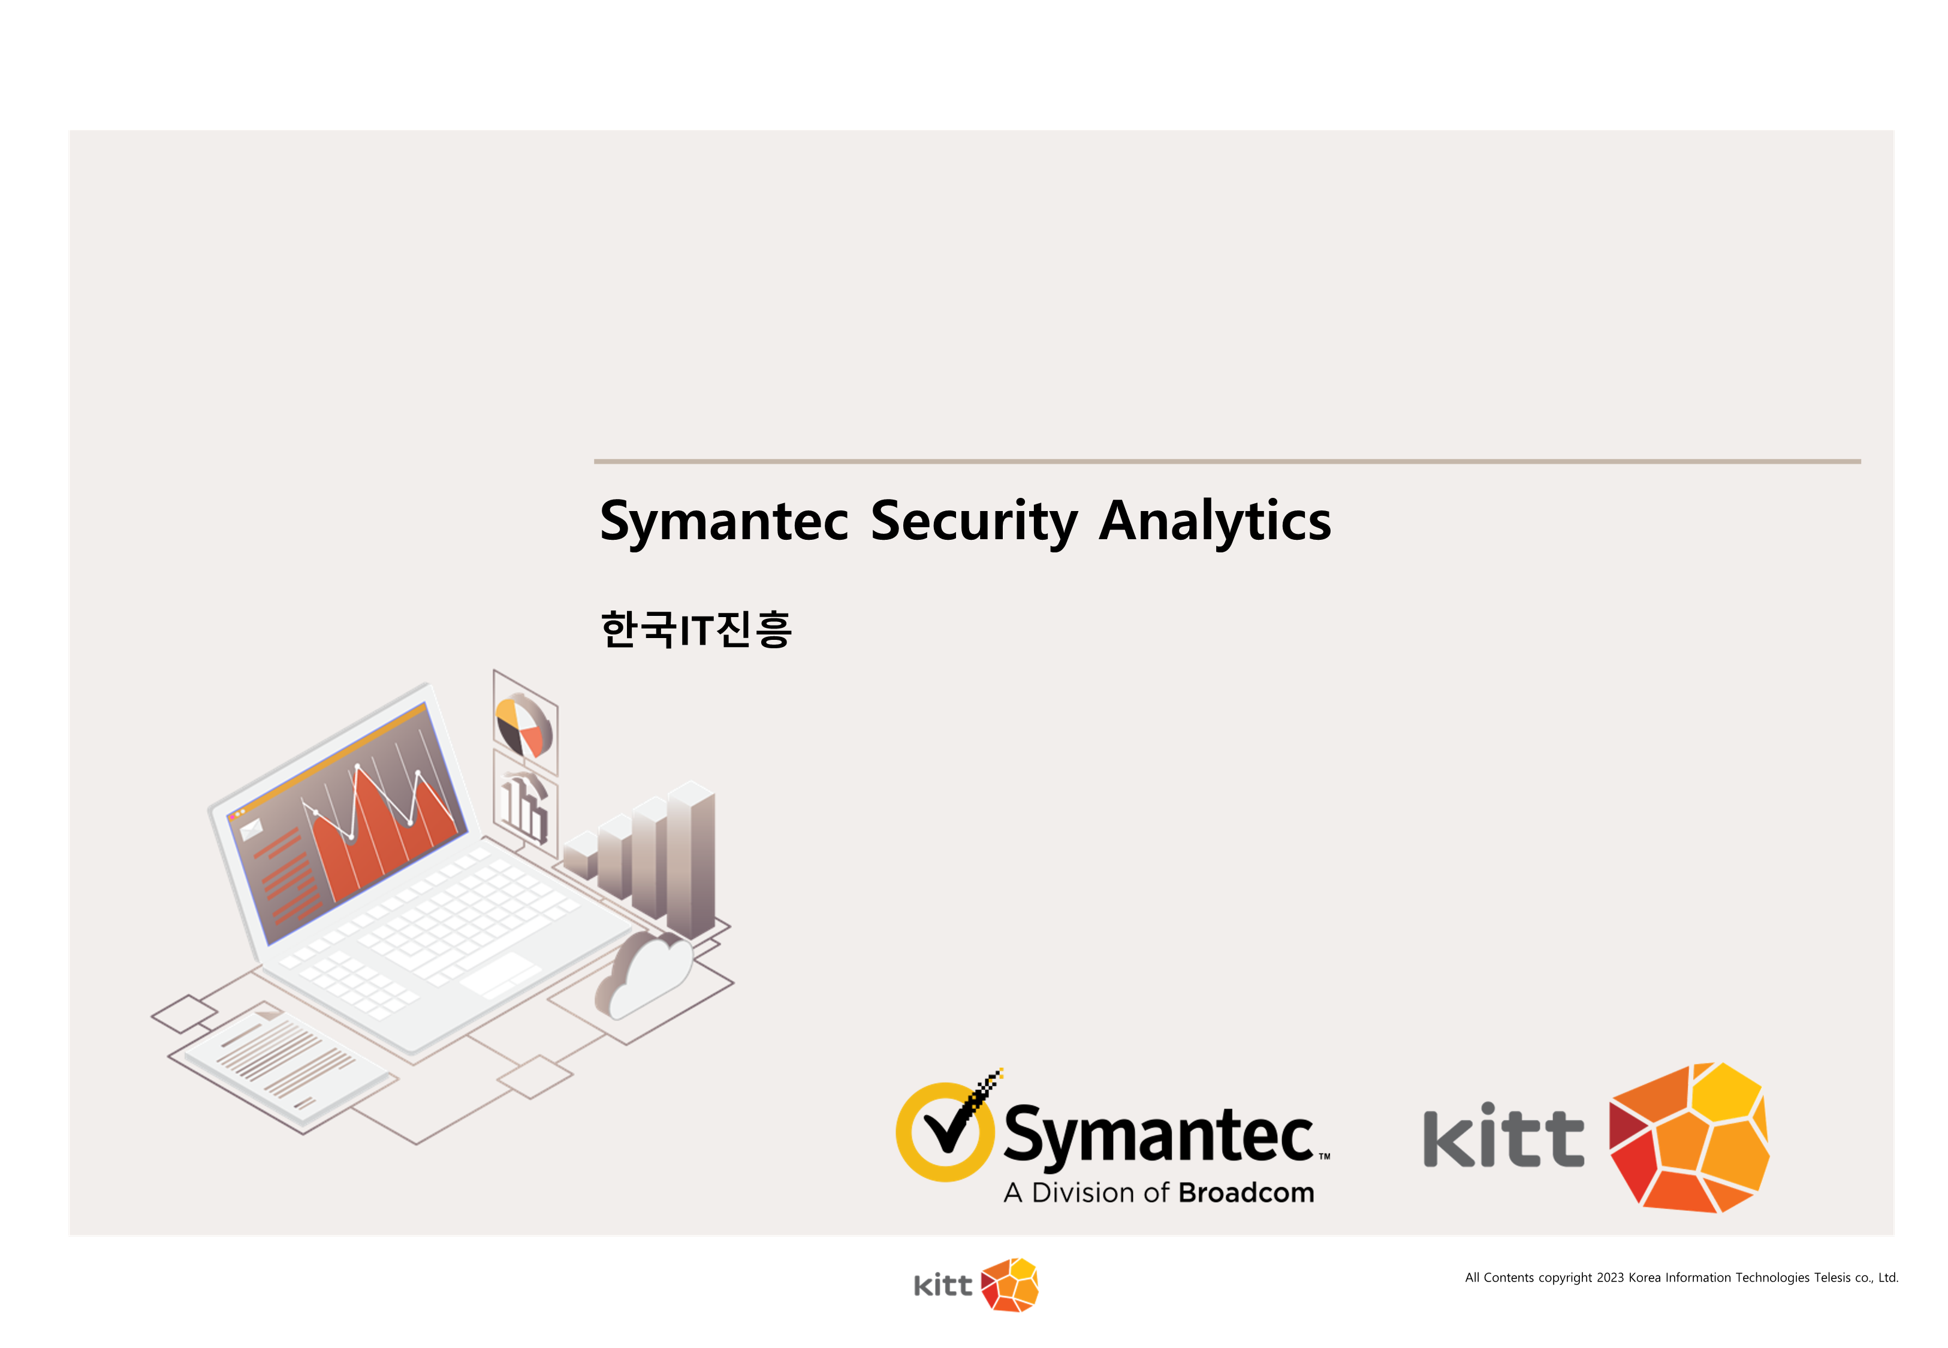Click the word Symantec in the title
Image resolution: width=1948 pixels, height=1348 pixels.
[724, 521]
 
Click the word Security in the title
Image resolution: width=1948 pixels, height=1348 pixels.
[974, 521]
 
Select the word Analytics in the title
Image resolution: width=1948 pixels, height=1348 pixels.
[1215, 521]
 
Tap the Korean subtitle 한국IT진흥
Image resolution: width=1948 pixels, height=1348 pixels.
[696, 629]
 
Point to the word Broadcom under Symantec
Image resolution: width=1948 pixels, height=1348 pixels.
[1246, 1193]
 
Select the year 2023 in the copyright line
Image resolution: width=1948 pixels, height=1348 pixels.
[1610, 1278]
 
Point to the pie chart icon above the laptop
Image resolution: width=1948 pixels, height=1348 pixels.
[524, 726]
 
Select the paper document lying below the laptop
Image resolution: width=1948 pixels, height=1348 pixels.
[287, 1068]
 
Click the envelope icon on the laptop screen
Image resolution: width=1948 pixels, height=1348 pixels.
[251, 829]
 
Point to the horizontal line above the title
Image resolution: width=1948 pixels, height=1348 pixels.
[1228, 461]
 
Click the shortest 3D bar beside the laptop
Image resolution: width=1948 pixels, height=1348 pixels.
[581, 855]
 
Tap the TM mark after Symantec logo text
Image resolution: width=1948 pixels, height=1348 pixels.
[1325, 1156]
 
